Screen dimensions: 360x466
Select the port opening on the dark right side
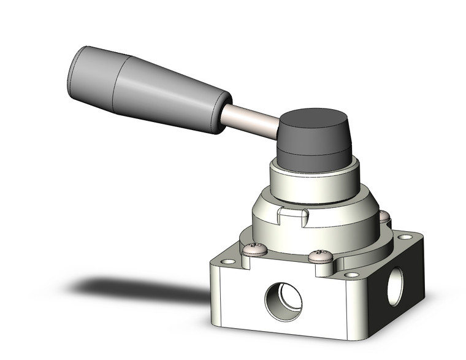coord(395,286)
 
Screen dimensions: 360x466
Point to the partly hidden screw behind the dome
coord(384,216)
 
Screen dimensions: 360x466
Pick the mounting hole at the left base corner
coord(228,262)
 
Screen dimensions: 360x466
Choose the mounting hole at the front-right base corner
coord(351,275)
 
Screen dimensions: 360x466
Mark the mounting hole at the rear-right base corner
coord(405,237)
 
